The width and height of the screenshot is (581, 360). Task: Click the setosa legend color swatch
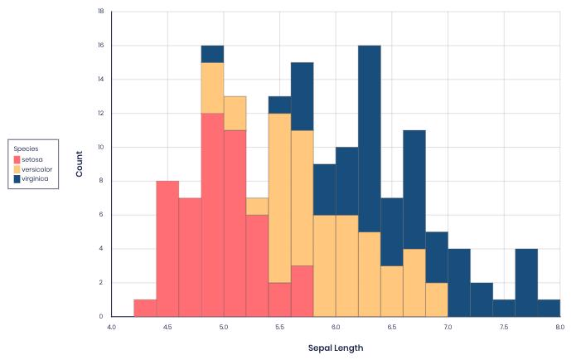click(x=17, y=159)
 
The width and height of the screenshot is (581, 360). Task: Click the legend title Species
click(x=26, y=148)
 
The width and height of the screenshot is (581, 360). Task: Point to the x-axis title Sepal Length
click(x=336, y=348)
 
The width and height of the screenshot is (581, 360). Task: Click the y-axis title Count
click(x=80, y=164)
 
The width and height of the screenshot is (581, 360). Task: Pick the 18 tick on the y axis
click(x=100, y=12)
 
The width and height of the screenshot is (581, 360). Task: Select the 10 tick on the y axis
click(x=100, y=147)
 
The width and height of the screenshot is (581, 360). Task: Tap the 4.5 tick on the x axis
click(x=167, y=328)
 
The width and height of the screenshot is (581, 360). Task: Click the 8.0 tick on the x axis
click(x=559, y=328)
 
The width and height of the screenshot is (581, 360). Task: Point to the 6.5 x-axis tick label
click(x=391, y=328)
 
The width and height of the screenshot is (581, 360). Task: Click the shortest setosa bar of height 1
click(x=145, y=308)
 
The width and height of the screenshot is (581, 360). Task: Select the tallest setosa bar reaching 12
click(x=212, y=215)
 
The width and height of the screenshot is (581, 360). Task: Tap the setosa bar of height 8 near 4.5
click(x=167, y=249)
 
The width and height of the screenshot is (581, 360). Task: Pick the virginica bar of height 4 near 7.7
click(x=526, y=283)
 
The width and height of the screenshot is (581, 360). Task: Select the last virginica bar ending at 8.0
click(x=549, y=308)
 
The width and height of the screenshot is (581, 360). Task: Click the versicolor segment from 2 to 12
click(x=279, y=198)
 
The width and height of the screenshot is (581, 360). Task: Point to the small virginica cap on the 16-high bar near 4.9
click(x=212, y=54)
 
